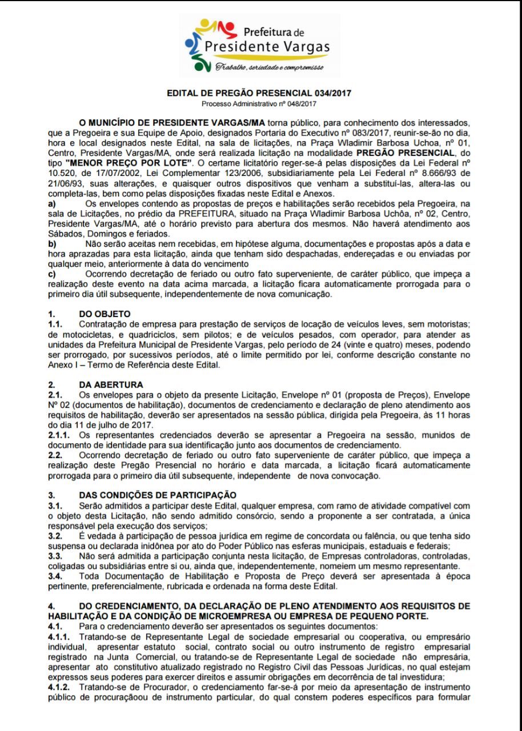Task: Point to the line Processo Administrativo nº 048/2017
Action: coord(259,104)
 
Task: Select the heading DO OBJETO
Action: coord(105,314)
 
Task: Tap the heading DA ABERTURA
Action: coord(111,384)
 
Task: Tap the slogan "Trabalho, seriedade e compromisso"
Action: coord(268,68)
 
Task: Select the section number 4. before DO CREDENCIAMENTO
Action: coord(51,605)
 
